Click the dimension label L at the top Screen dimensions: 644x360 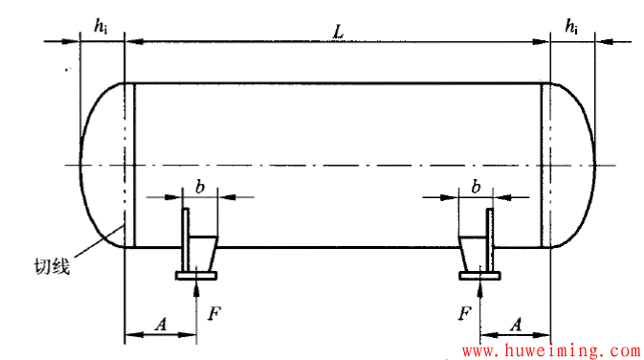(338, 32)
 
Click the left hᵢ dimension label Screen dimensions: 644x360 (101, 27)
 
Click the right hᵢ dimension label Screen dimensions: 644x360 (571, 27)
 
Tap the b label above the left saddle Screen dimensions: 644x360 (200, 187)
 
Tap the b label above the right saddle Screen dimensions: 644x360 (476, 187)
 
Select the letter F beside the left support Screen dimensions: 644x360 (214, 314)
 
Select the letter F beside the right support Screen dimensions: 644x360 (464, 314)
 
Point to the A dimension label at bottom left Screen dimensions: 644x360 (162, 325)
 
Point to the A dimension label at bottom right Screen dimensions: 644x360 (516, 325)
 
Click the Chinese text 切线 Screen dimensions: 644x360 (52, 267)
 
